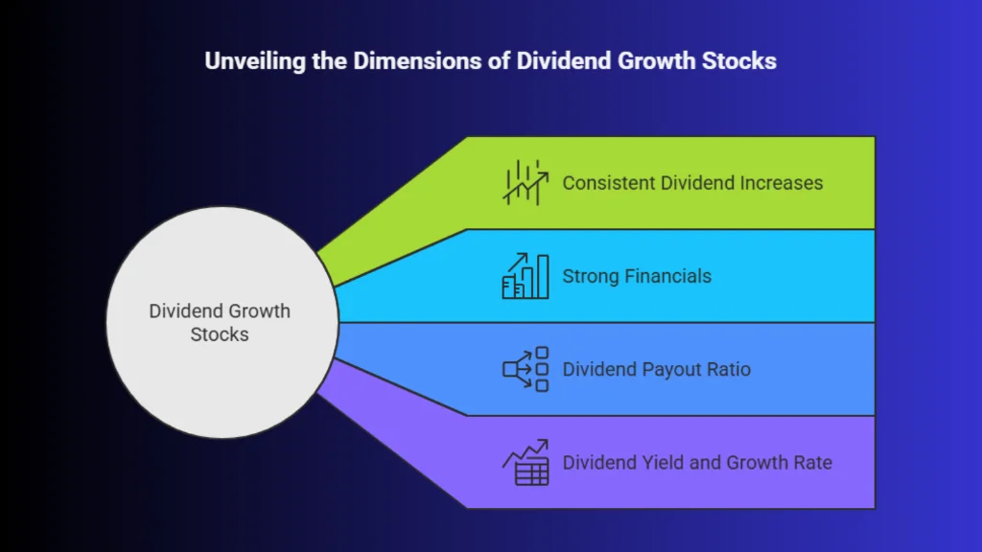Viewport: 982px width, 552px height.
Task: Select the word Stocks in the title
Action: point(739,60)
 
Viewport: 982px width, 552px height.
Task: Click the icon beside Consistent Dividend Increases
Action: point(526,183)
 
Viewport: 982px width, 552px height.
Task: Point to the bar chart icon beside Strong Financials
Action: point(526,276)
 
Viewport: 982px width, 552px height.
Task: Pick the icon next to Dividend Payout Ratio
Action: point(526,369)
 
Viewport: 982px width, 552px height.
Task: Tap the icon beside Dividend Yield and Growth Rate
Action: point(526,463)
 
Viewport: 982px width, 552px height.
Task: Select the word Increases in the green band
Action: point(782,183)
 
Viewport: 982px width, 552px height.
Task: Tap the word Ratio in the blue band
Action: point(729,369)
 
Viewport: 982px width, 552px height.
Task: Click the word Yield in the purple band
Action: point(664,463)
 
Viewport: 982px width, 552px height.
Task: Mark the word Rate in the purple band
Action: point(813,463)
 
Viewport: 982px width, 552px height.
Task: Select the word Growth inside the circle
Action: point(258,311)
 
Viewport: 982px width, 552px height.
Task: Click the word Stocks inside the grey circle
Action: point(220,334)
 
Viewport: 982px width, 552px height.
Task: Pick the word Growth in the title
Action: point(656,60)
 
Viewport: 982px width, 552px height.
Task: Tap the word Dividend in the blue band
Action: point(600,369)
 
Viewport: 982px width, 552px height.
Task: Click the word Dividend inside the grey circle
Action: point(184,311)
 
